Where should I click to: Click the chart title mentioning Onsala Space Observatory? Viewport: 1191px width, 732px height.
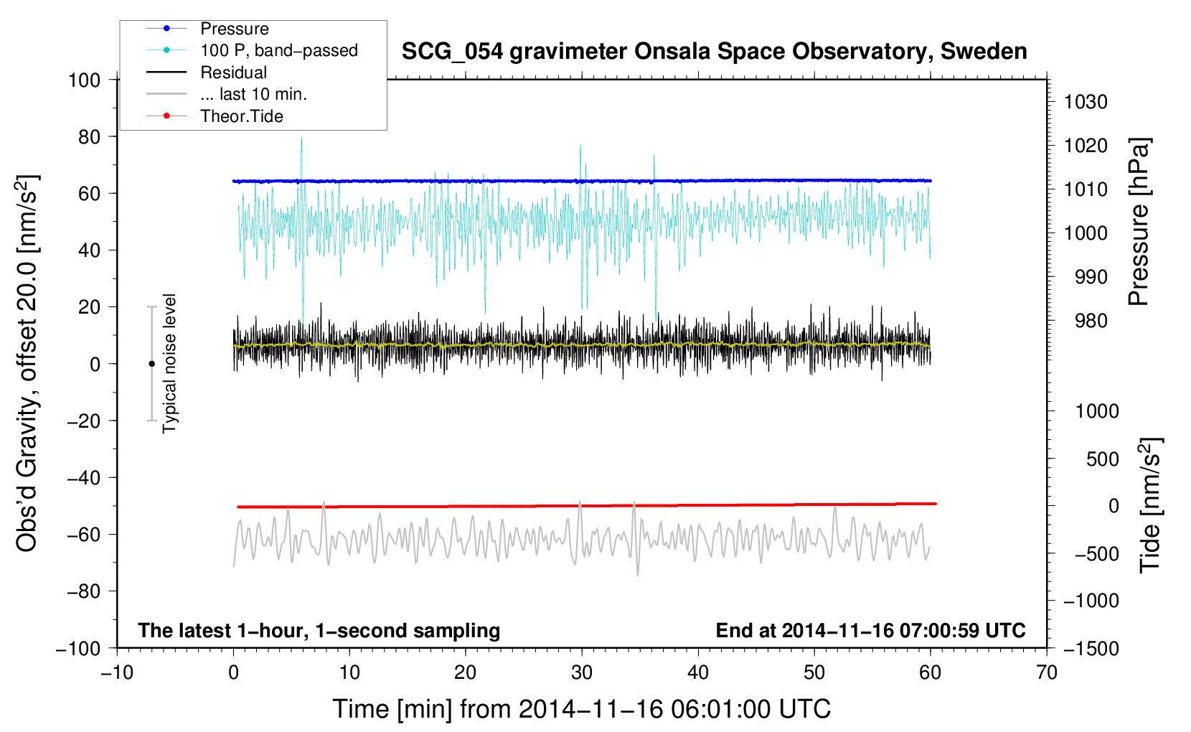714,52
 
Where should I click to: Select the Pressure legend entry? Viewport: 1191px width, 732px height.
234,29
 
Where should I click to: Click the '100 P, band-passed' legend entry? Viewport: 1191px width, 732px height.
278,51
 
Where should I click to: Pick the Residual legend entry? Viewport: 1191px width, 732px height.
233,72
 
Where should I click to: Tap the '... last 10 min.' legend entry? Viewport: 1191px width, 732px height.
253,94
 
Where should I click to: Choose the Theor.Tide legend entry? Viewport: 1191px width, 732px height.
241,116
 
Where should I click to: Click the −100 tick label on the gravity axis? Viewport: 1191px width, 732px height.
78,649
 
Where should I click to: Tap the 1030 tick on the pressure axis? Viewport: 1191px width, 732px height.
1086,102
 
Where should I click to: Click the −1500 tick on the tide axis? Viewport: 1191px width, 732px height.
1091,649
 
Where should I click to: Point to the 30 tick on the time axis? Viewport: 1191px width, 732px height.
582,673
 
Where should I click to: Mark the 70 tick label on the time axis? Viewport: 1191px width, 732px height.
1047,673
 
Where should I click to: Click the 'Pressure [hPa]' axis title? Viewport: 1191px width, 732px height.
1139,222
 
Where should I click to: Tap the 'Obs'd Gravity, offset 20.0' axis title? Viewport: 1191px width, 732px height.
27,363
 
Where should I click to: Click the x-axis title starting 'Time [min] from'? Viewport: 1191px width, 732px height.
582,709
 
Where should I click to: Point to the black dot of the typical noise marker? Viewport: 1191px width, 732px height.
151,364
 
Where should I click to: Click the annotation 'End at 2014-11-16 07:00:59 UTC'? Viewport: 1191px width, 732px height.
870,631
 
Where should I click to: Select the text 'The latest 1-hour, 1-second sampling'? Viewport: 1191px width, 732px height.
319,631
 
